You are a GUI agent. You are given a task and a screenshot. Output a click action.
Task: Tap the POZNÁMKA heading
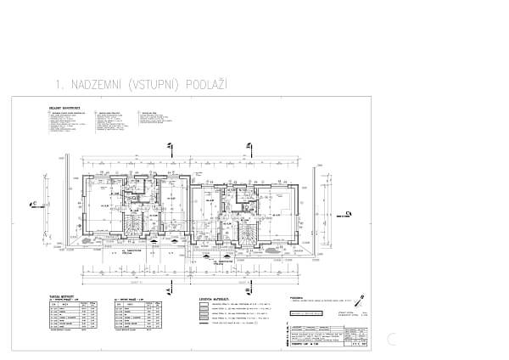click(x=296, y=298)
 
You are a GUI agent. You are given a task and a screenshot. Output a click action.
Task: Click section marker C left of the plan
click(x=33, y=204)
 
